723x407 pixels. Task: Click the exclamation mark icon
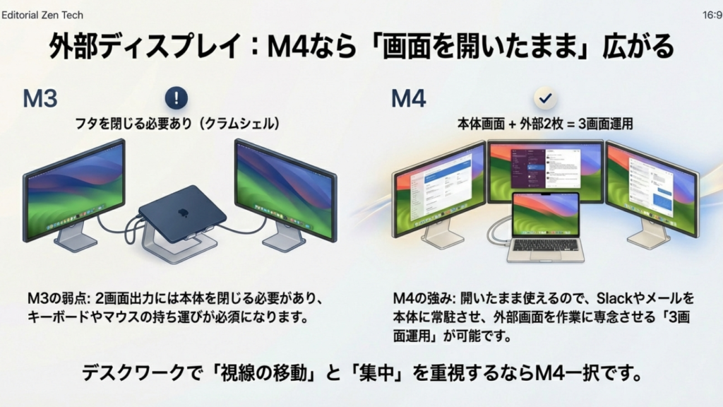(177, 97)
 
